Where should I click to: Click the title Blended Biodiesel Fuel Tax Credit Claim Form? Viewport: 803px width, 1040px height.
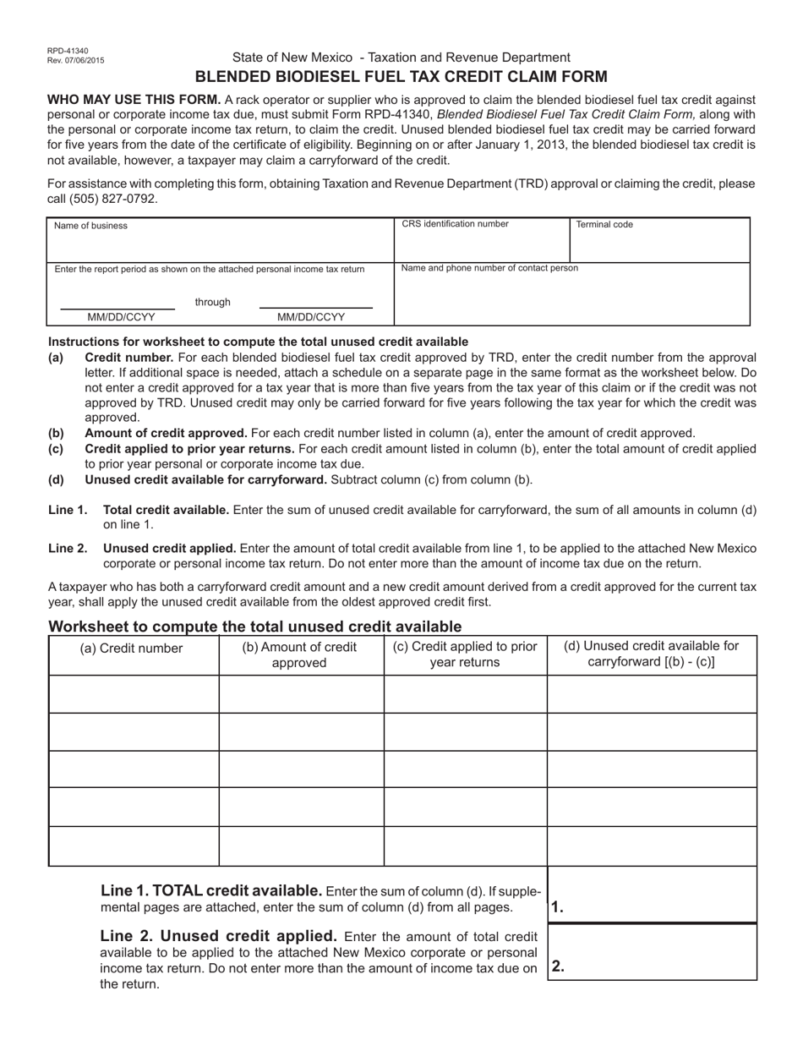[401, 77]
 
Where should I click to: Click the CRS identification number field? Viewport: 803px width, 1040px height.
[482, 242]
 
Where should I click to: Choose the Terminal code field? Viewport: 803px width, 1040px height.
[659, 242]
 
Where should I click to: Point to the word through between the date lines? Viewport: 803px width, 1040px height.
[213, 302]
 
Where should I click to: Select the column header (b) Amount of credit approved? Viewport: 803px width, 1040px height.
[300, 654]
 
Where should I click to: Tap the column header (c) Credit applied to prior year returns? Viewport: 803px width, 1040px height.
[465, 654]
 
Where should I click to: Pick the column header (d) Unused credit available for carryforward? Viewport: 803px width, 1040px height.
[651, 654]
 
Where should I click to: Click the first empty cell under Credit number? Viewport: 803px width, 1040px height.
[134, 694]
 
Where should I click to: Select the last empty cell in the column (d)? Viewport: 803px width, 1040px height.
[652, 846]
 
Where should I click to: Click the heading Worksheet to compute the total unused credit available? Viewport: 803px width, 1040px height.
[255, 627]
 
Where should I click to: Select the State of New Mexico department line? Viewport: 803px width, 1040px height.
[401, 57]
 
